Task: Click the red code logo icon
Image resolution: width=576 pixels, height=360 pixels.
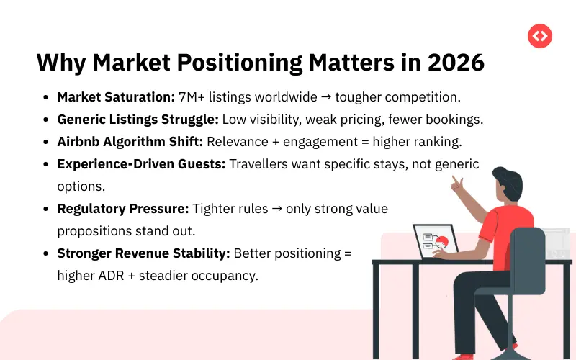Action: click(x=539, y=36)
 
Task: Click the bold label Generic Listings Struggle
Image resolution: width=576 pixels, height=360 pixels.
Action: click(x=138, y=120)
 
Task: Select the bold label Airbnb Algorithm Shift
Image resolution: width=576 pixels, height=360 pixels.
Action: click(x=130, y=142)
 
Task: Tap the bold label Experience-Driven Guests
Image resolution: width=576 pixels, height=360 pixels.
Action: click(x=141, y=164)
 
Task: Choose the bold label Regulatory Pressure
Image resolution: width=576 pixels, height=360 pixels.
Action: click(x=123, y=209)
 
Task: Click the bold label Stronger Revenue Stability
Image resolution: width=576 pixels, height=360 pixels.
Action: click(x=144, y=253)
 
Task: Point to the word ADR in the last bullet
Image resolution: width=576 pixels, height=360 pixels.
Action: click(x=110, y=276)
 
